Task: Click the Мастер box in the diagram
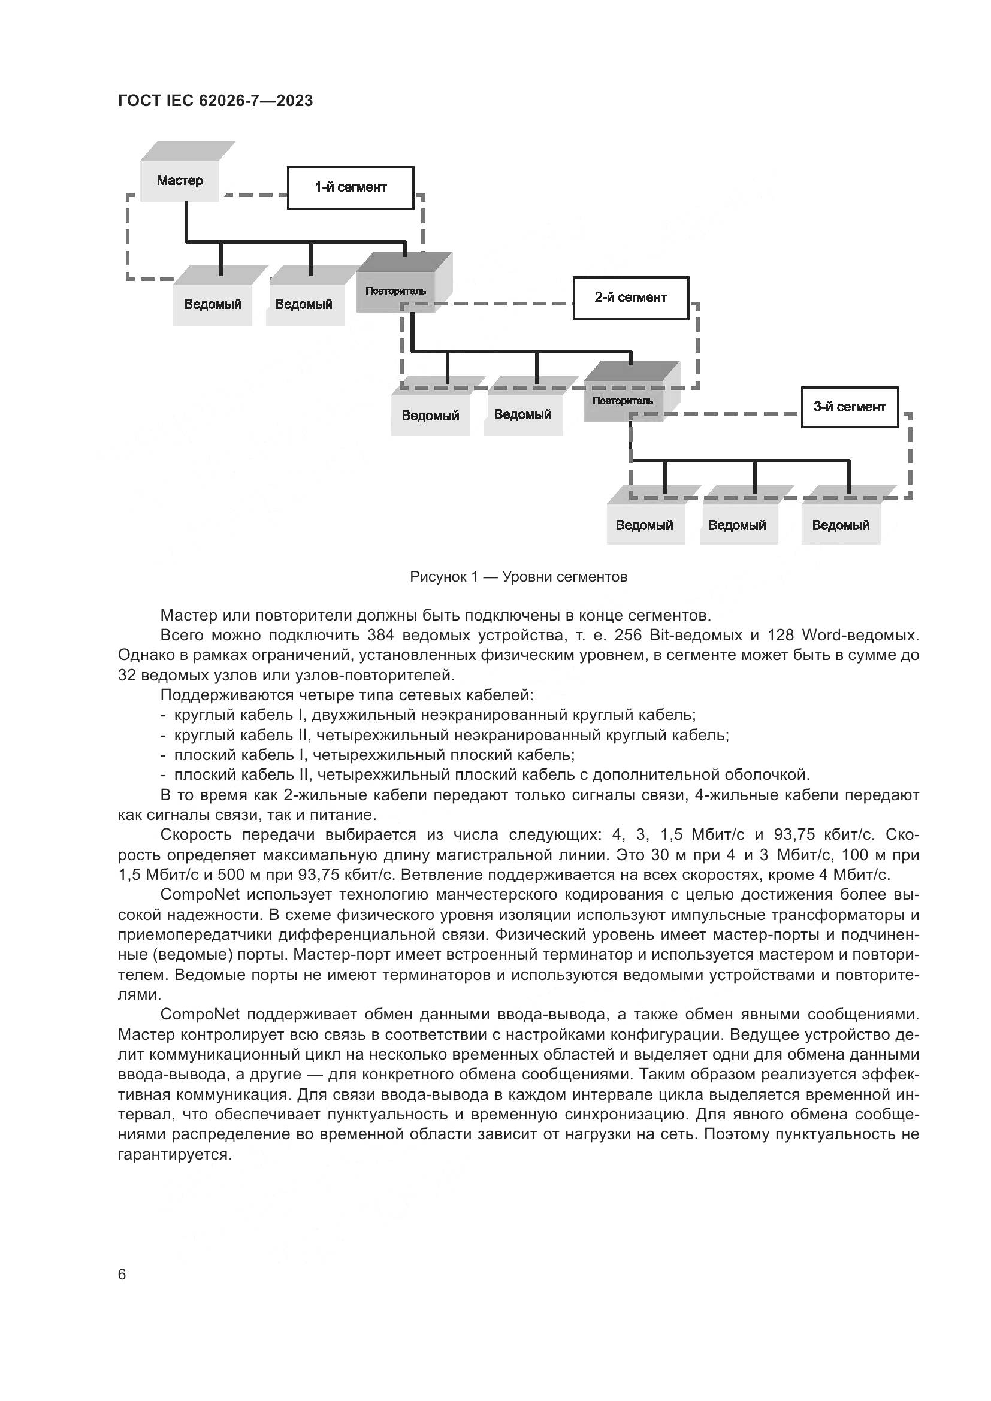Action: point(179,180)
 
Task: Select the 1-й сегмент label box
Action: point(351,187)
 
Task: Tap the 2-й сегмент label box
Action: point(630,298)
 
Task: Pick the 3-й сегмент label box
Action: point(849,407)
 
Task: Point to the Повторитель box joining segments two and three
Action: point(623,401)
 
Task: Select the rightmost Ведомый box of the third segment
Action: point(840,525)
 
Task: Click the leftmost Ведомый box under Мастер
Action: point(212,304)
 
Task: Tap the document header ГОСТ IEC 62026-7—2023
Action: point(216,101)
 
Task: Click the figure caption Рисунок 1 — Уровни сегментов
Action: point(518,577)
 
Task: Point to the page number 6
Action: point(122,1275)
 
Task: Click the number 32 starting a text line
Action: point(127,676)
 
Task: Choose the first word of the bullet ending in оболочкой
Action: point(205,775)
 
